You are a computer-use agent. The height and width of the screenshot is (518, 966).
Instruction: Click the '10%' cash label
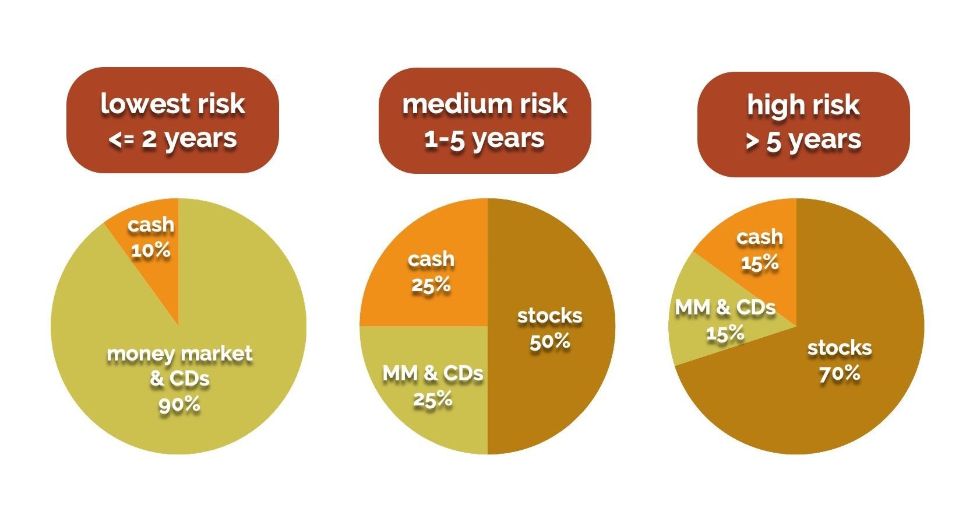click(151, 251)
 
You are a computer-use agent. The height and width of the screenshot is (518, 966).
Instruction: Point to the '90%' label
click(179, 404)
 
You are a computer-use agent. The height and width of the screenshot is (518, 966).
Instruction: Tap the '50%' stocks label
click(549, 342)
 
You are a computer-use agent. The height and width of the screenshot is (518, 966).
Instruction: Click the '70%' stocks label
click(840, 373)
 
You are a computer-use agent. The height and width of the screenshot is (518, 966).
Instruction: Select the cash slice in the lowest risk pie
click(157, 262)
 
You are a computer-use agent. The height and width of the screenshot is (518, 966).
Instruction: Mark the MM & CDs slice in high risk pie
click(699, 338)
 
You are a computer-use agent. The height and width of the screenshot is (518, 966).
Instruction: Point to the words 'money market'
click(179, 353)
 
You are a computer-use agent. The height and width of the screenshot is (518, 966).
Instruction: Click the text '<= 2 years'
click(172, 139)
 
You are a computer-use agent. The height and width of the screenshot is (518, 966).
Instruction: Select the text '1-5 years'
click(484, 139)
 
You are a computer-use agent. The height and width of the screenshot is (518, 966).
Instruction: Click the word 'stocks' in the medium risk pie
click(549, 316)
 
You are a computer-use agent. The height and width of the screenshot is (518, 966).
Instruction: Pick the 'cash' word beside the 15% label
click(759, 237)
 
